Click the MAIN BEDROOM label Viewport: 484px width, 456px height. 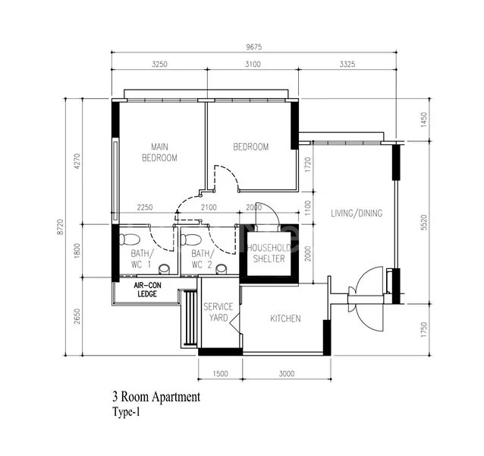click(x=159, y=152)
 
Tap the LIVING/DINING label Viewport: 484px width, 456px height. click(x=356, y=213)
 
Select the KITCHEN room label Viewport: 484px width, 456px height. click(x=286, y=318)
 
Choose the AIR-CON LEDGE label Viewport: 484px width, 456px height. click(x=148, y=290)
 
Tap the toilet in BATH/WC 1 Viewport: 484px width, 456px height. click(x=124, y=240)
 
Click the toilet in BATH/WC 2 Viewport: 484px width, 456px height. click(x=186, y=240)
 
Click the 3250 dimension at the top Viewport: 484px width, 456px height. click(x=159, y=65)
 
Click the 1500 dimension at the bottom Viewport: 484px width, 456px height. click(x=220, y=373)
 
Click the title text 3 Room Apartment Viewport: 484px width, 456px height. click(x=156, y=397)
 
